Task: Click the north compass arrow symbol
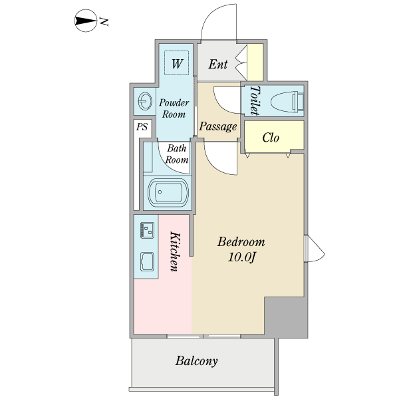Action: pyautogui.click(x=85, y=21)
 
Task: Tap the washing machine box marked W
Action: pyautogui.click(x=177, y=64)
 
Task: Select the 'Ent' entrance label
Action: pyautogui.click(x=218, y=65)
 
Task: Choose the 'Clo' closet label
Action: pyautogui.click(x=270, y=138)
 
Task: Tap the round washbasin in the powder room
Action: pyautogui.click(x=144, y=102)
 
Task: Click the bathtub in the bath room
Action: pyautogui.click(x=168, y=194)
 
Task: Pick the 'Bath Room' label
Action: pyautogui.click(x=177, y=154)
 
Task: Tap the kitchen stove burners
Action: pyautogui.click(x=147, y=230)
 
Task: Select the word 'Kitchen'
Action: pyautogui.click(x=175, y=251)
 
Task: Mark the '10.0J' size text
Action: pyautogui.click(x=241, y=257)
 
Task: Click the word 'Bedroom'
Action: pyautogui.click(x=241, y=241)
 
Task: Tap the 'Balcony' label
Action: pyautogui.click(x=197, y=362)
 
